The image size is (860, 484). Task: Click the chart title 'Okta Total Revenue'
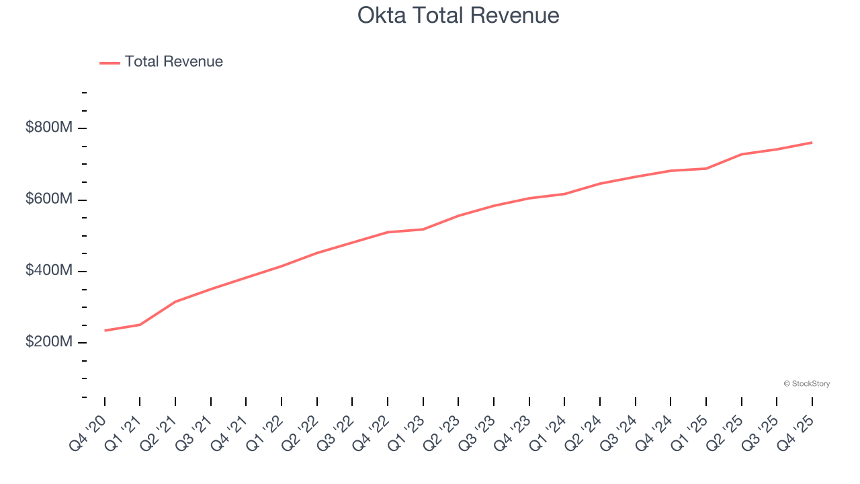pos(458,15)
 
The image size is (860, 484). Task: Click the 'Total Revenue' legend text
pos(173,62)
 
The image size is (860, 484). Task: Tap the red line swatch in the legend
pos(110,63)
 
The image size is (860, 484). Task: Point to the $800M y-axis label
pos(48,128)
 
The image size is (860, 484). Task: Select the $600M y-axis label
pos(48,200)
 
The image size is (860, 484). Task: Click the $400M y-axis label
pos(48,271)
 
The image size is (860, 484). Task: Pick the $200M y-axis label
pos(48,342)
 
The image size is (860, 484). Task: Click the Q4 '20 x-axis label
pos(88,432)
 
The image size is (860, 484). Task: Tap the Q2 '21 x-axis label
pos(159,432)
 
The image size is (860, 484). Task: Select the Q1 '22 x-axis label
pos(265,432)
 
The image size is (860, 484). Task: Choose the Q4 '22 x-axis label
pos(371,432)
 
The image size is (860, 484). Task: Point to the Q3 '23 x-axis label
pos(477,432)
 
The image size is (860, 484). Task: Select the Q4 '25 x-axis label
pos(795,432)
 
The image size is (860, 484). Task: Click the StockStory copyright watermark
pos(806,384)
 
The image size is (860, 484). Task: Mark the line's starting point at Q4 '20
pos(105,331)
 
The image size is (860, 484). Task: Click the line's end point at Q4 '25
pos(812,143)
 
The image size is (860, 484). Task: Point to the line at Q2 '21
pos(175,302)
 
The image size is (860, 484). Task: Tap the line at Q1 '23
pos(423,229)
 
